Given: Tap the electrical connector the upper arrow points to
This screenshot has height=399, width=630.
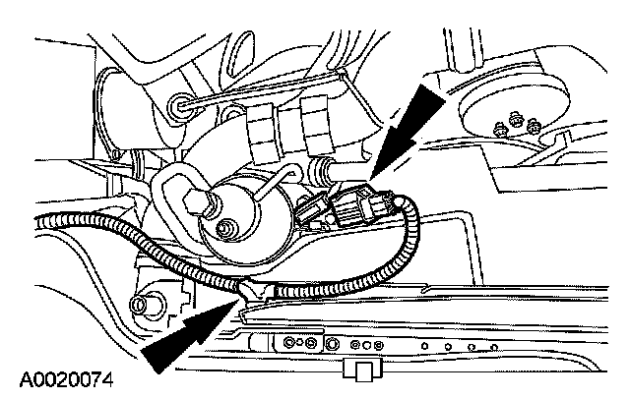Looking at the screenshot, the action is (358, 207).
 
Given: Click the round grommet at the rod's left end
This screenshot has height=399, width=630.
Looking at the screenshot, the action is (179, 103).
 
